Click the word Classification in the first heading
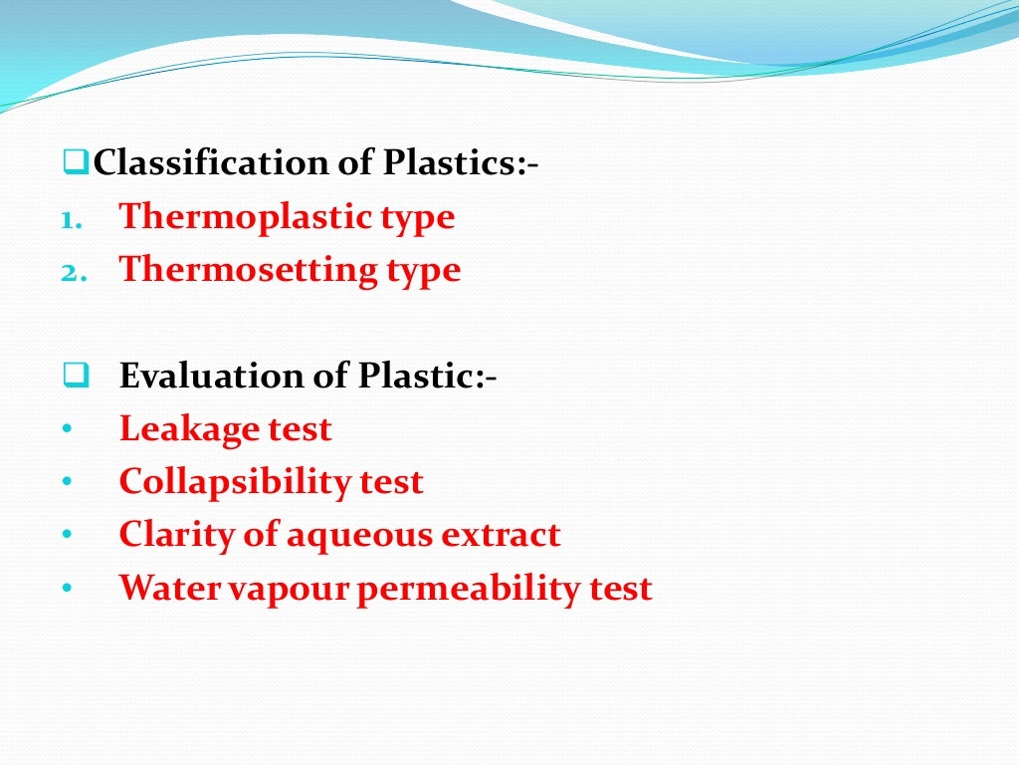[202, 162]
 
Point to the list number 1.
[69, 218]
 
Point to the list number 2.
[70, 271]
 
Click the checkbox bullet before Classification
[75, 160]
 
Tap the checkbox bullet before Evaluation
[75, 376]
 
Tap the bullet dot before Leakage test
[66, 430]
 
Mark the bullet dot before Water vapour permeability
[66, 589]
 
